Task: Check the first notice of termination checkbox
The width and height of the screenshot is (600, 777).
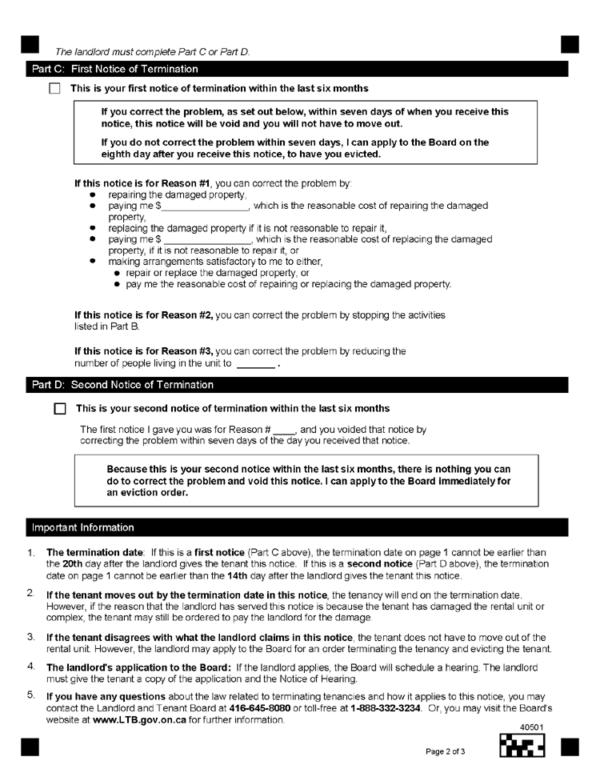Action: (x=54, y=88)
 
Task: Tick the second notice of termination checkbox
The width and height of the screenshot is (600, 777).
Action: (x=59, y=409)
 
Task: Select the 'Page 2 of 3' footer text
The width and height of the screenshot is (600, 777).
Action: (x=450, y=751)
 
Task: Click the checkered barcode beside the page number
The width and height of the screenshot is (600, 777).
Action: (x=522, y=747)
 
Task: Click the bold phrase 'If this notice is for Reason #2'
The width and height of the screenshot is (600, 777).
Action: (x=143, y=316)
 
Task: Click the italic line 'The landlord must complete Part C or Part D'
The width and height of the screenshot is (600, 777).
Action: (x=152, y=52)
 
